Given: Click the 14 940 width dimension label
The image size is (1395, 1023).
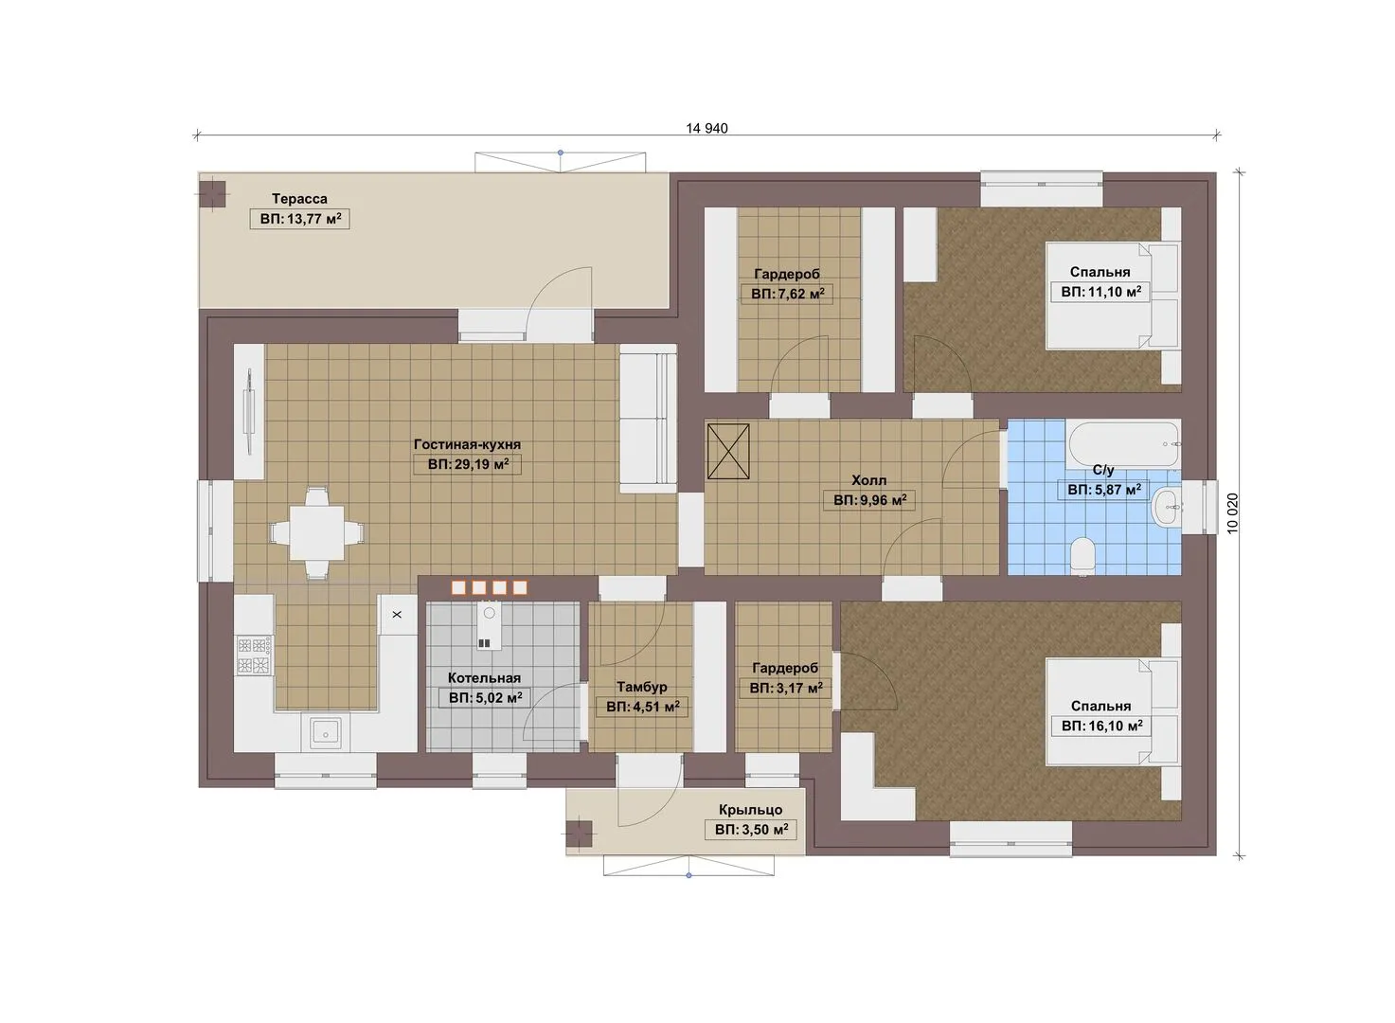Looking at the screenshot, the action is point(706,128).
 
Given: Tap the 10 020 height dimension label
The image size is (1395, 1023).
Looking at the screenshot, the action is point(1232,513).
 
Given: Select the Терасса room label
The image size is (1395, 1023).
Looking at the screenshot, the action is point(299,199).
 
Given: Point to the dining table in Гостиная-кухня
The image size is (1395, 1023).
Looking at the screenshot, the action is point(317,533).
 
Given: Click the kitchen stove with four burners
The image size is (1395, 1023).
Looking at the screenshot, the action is point(254,656).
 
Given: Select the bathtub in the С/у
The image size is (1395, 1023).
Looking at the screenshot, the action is point(1123,444).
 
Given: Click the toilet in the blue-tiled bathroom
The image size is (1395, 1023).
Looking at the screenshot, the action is point(1083,555).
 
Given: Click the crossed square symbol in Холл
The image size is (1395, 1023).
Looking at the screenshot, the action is point(728,452).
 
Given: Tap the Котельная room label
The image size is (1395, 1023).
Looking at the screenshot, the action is point(484,678).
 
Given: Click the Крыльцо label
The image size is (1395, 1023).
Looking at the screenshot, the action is point(750,810).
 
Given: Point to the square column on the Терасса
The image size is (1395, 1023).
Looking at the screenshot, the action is point(214,194).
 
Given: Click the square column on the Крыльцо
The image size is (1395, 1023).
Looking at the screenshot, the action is point(579,834).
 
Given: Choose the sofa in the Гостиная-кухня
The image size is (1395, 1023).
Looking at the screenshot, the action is point(649,419).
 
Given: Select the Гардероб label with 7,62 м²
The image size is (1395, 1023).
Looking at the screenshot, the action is point(787,274).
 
